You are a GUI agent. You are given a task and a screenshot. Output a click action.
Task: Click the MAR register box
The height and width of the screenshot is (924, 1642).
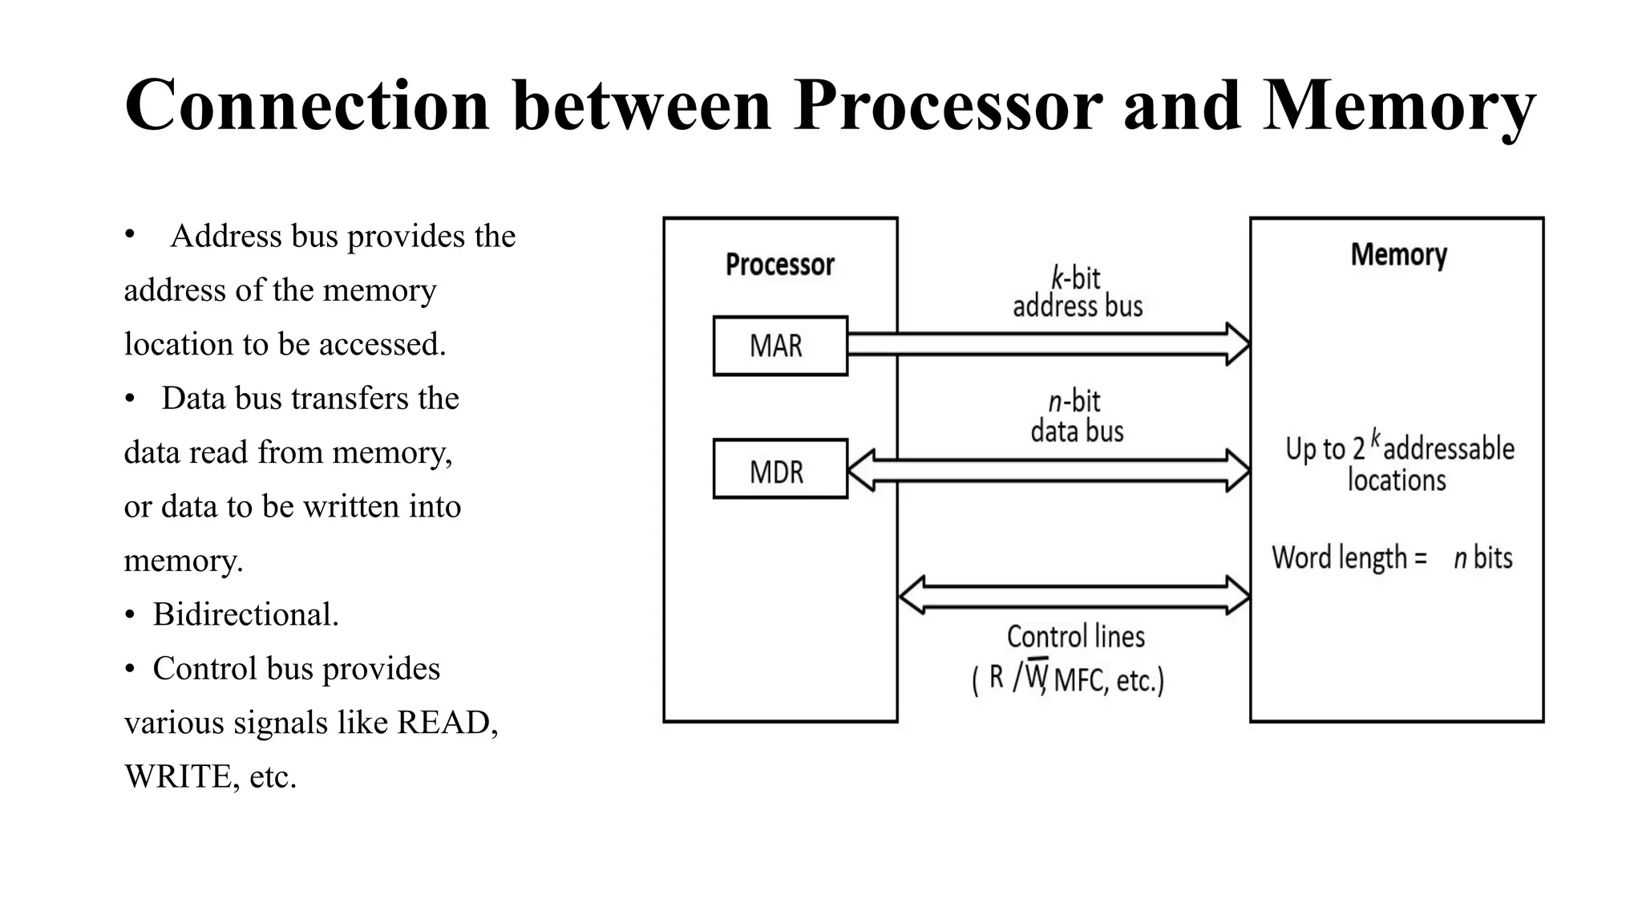(779, 346)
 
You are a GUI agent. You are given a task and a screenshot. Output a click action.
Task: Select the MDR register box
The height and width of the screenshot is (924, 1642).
(779, 469)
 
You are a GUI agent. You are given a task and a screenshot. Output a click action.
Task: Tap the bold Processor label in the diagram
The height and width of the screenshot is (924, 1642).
(779, 265)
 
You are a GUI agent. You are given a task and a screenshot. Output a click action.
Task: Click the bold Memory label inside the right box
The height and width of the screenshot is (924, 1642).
(1398, 255)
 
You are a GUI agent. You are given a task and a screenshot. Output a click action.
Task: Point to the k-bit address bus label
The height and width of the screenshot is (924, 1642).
(1077, 293)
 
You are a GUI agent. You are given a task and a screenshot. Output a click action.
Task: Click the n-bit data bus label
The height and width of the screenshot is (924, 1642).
(1077, 416)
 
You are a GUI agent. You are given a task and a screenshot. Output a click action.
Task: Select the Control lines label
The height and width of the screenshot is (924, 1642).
(1075, 637)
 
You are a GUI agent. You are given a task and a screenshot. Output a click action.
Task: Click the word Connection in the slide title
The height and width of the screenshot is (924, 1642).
(307, 106)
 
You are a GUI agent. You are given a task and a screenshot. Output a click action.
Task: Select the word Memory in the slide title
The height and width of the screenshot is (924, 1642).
(1398, 106)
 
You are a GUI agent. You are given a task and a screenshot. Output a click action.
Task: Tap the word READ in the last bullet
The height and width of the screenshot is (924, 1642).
(445, 723)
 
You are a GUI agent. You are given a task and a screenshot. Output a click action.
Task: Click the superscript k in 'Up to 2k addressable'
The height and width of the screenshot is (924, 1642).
(1376, 438)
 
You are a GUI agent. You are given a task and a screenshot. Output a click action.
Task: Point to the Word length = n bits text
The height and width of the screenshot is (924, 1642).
(1391, 557)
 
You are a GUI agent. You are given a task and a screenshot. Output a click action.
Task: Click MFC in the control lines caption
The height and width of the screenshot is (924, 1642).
(1078, 681)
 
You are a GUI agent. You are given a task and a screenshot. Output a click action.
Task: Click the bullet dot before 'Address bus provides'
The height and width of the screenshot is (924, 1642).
(129, 235)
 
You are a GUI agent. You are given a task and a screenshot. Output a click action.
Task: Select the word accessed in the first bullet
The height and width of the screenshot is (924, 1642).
(381, 344)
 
